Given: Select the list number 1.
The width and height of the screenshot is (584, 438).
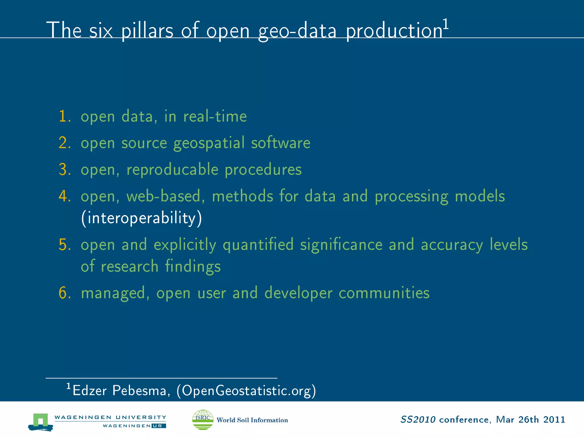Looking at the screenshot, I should point(64,116).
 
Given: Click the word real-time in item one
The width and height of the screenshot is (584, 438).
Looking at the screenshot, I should point(215,116).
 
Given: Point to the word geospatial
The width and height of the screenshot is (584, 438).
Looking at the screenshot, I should point(209,143).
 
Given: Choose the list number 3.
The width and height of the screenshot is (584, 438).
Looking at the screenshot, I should point(64,169).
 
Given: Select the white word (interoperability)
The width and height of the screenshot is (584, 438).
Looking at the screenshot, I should point(141,218).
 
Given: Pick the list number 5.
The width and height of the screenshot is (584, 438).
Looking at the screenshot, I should point(64,245).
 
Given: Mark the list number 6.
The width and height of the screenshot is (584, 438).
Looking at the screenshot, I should point(64,293).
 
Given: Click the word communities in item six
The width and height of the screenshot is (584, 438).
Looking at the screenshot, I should point(384,293).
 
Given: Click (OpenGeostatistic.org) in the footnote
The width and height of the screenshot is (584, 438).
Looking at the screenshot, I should point(246,391).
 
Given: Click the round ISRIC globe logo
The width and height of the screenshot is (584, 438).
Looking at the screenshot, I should point(203,419).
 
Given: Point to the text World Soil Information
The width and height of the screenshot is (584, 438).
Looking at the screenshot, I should point(252,420).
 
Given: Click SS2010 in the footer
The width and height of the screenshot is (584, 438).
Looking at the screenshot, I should point(418,420).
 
